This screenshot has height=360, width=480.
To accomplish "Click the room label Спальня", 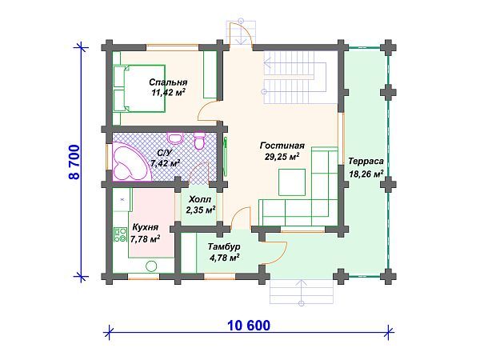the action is (168, 82).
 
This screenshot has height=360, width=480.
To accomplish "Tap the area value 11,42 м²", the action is (169, 92).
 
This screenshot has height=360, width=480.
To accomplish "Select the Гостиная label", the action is (282, 146).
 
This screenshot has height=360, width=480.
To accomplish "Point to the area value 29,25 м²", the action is (282, 157).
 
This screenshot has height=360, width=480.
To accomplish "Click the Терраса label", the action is (366, 162).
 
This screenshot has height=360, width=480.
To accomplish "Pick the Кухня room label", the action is (145, 227).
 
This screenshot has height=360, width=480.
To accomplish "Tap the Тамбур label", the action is (224, 246).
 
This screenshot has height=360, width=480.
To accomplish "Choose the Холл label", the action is (200, 199).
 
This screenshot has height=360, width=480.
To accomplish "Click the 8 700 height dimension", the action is (74, 162).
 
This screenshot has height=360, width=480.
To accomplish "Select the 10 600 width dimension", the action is (249, 325).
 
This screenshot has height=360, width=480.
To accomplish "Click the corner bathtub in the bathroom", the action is (131, 162).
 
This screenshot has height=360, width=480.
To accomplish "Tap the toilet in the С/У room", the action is (199, 141).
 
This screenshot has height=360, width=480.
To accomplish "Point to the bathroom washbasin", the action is (174, 138).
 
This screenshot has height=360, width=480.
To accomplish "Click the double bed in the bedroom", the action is (139, 88).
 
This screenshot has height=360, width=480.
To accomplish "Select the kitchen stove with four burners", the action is (120, 234).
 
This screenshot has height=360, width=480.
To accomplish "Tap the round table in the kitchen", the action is (151, 266).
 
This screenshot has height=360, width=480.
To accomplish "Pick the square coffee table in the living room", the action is (292, 182).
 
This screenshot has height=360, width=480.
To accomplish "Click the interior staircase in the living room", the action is (294, 78).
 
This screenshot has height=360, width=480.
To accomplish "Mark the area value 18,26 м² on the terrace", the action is (366, 174).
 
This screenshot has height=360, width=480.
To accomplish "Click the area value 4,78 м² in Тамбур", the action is (224, 258).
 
